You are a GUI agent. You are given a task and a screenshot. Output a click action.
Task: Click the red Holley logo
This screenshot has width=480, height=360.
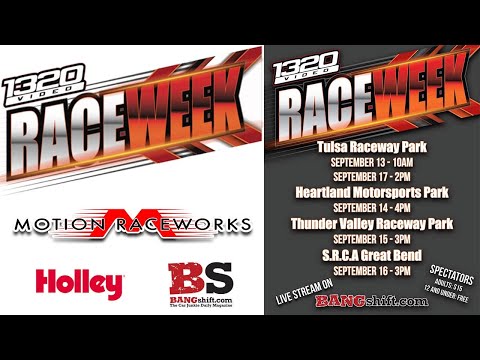pos(79,282)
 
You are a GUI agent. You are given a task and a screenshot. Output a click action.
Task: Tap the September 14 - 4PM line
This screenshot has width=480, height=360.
pos(355,203)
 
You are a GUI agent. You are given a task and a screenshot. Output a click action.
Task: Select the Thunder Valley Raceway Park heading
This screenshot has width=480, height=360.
pos(355,218)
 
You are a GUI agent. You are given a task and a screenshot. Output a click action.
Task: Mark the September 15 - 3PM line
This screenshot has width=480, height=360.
pos(355,233)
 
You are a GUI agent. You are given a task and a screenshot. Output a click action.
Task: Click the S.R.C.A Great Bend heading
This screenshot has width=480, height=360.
pos(355,248)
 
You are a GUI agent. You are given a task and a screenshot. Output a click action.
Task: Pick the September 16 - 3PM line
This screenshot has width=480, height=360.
pos(355,263)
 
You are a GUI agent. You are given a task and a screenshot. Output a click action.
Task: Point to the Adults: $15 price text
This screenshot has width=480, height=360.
pos(437,281)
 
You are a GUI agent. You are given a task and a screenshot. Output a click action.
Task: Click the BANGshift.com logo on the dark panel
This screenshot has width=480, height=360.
pos(362,299)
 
